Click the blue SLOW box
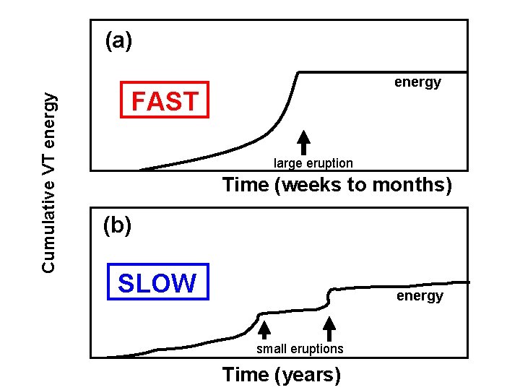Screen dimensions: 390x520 click(x=157, y=282)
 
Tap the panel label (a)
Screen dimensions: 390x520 click(x=118, y=42)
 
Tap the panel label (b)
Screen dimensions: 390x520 click(x=118, y=226)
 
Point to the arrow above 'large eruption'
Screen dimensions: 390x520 click(x=304, y=142)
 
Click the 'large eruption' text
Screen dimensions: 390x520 click(x=313, y=163)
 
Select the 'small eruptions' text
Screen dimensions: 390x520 click(x=300, y=349)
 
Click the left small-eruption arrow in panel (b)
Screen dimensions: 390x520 click(x=264, y=329)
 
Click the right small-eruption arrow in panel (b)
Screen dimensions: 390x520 click(x=329, y=329)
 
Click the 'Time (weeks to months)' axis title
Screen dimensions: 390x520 click(x=337, y=185)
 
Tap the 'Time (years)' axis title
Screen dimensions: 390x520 click(x=282, y=375)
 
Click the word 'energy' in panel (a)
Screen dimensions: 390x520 click(x=417, y=82)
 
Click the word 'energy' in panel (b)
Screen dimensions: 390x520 click(x=420, y=296)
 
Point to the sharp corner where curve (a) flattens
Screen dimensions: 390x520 click(x=300, y=72)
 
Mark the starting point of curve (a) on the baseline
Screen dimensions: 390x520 click(x=139, y=170)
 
